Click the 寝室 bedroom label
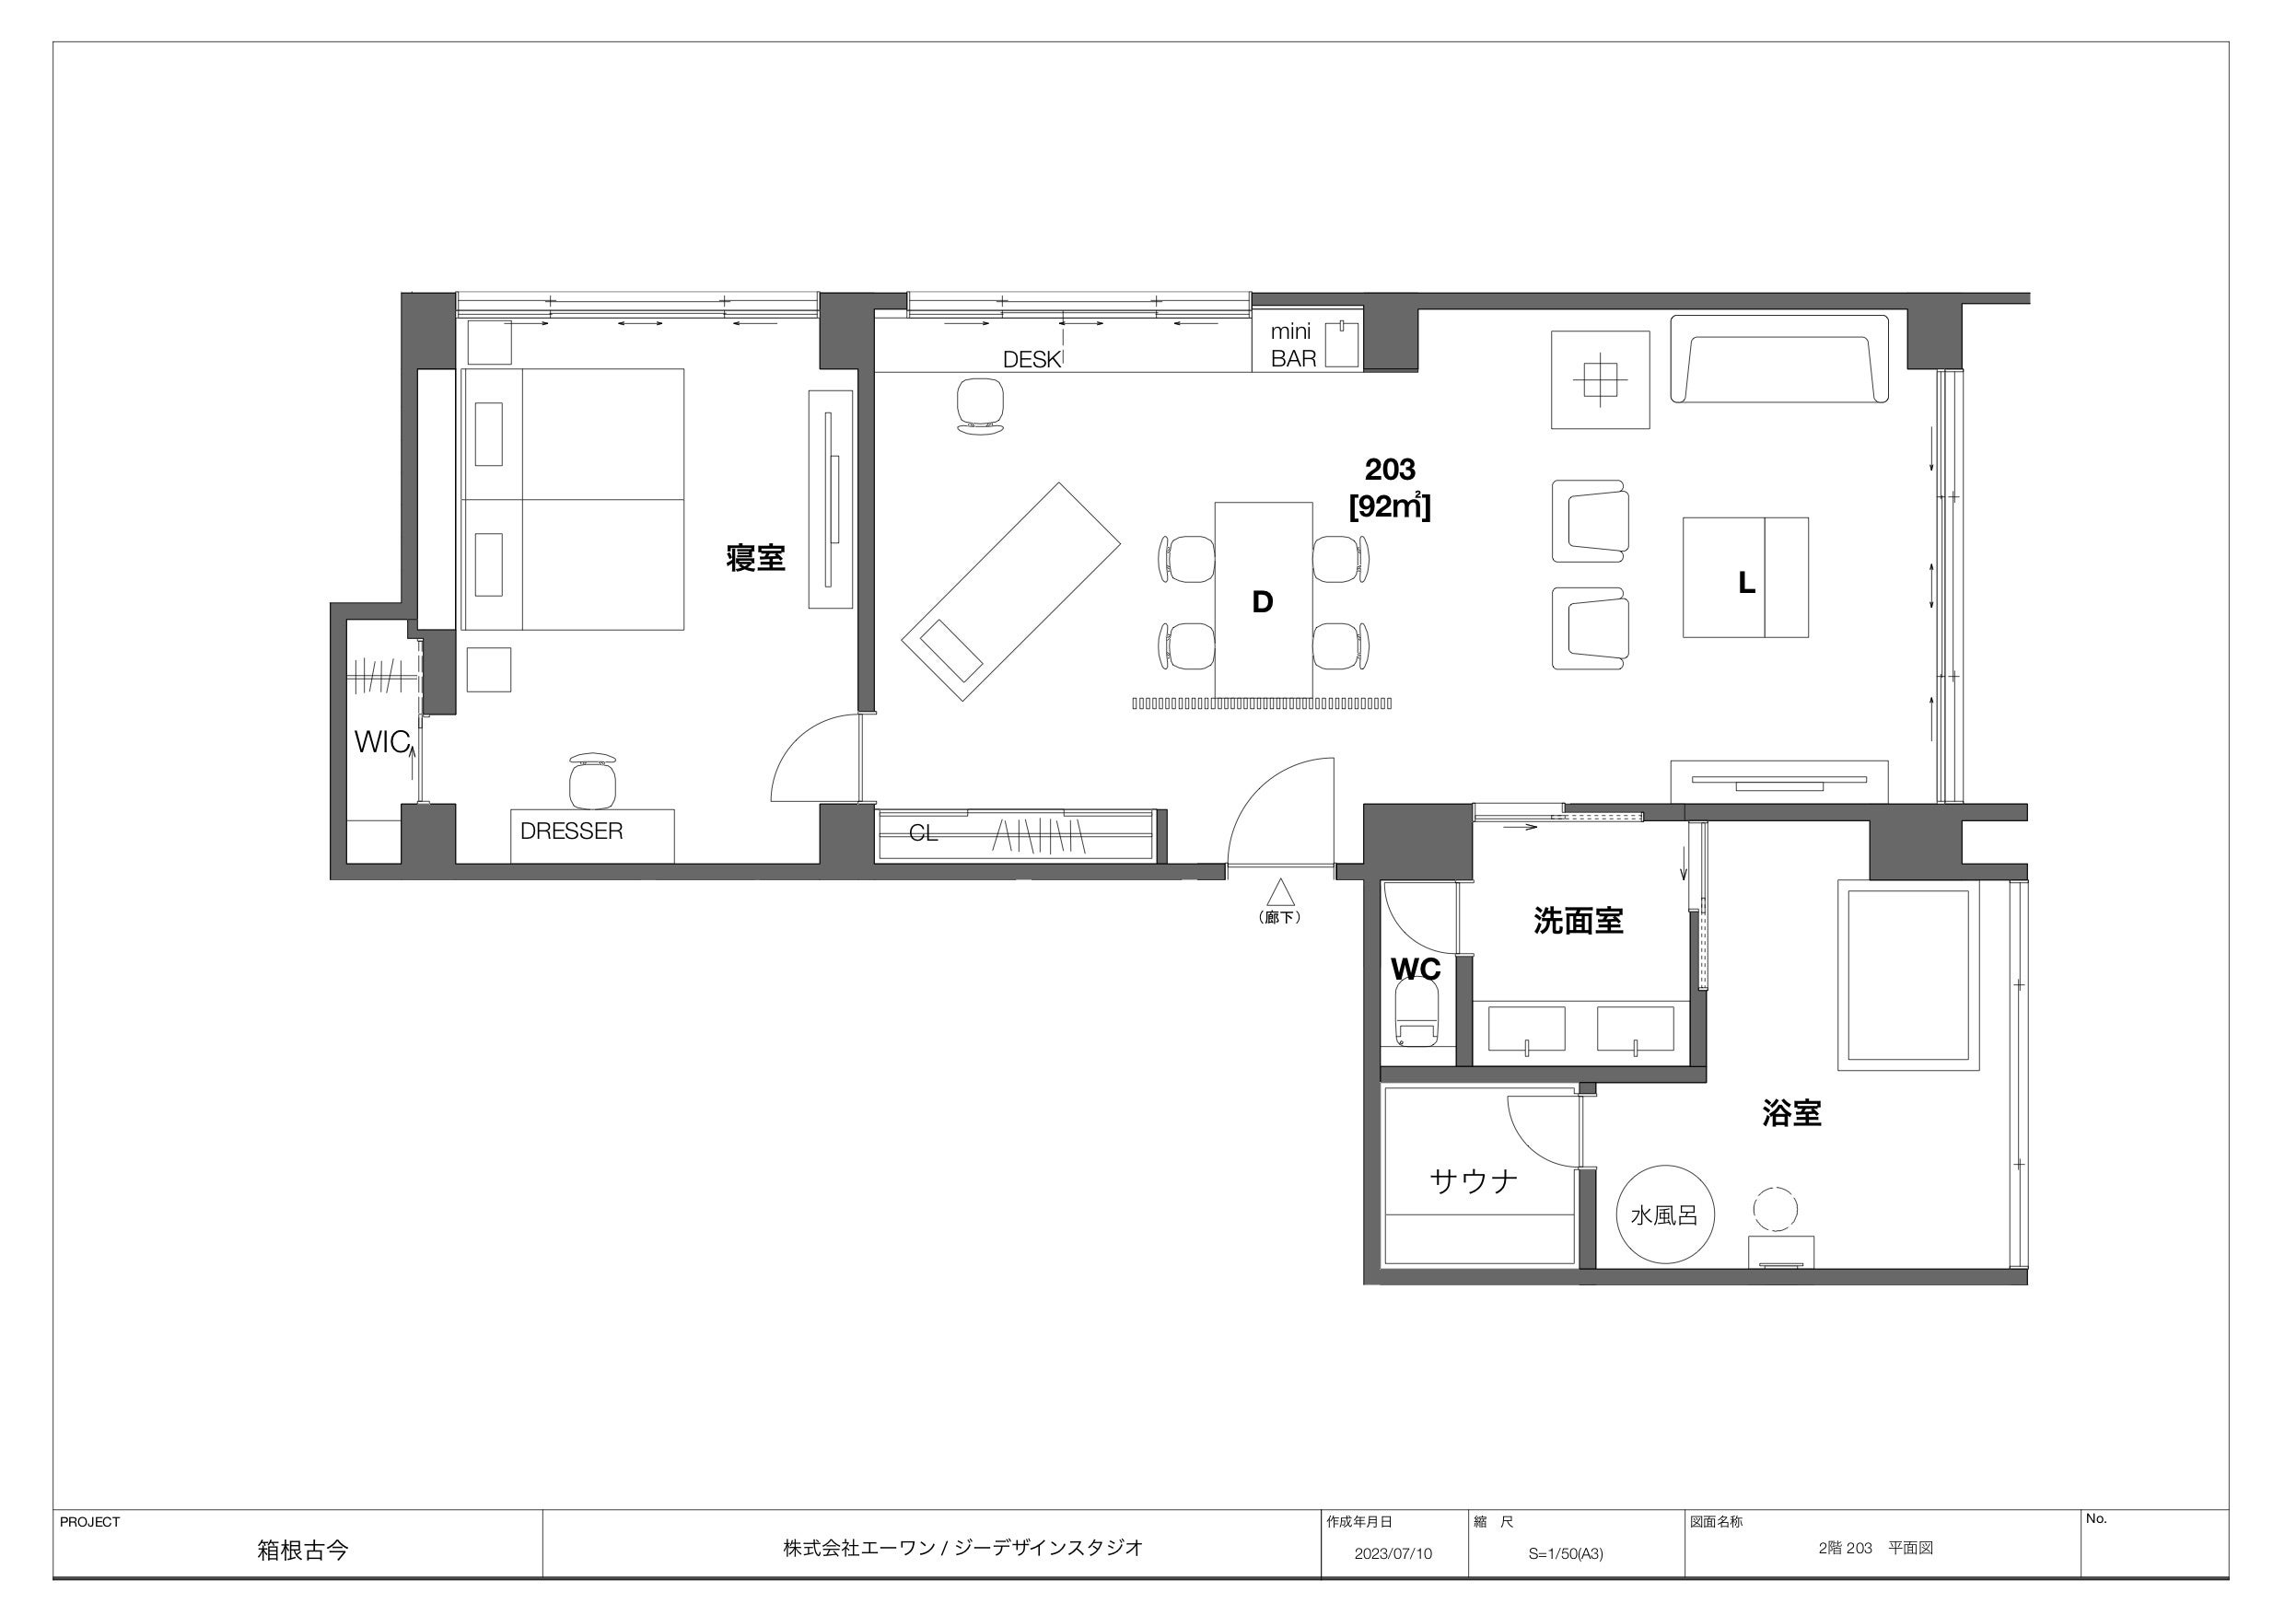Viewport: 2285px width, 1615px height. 755,557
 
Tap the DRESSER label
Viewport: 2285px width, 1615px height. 571,831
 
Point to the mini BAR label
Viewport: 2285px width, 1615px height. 1293,344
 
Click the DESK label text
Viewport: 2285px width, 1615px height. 1032,360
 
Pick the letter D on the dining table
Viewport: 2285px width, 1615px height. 1262,602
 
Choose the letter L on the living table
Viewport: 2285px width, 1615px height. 1745,583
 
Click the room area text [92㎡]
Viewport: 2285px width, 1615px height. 1389,506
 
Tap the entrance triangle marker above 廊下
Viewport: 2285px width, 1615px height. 1280,890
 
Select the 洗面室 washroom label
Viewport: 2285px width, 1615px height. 1579,921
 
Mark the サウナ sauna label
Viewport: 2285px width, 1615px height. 1474,1181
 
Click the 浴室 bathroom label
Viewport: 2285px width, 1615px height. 1791,1113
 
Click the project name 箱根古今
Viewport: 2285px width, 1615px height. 302,1551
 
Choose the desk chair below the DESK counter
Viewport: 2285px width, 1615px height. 980,406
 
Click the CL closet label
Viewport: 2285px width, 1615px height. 924,833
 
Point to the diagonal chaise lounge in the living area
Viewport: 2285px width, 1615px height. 1011,592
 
